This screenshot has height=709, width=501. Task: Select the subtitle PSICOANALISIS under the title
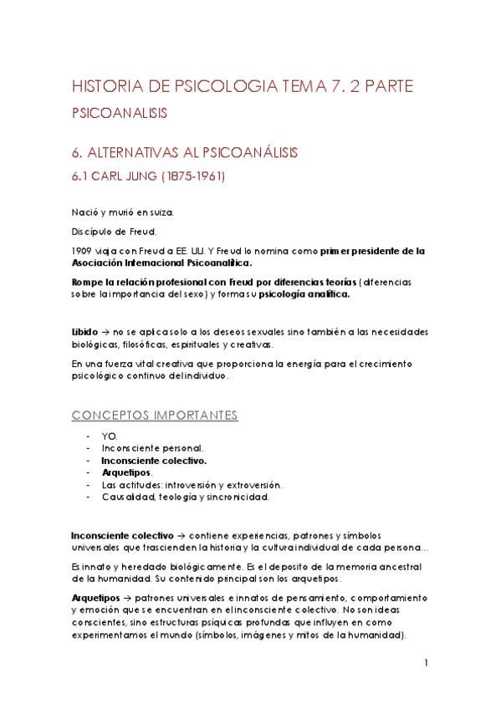(118, 113)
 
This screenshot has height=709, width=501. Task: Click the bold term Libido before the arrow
(84, 332)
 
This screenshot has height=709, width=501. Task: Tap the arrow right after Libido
(105, 332)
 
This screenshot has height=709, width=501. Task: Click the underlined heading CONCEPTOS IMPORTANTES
(155, 416)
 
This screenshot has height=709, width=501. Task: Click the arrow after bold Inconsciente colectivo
(181, 534)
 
